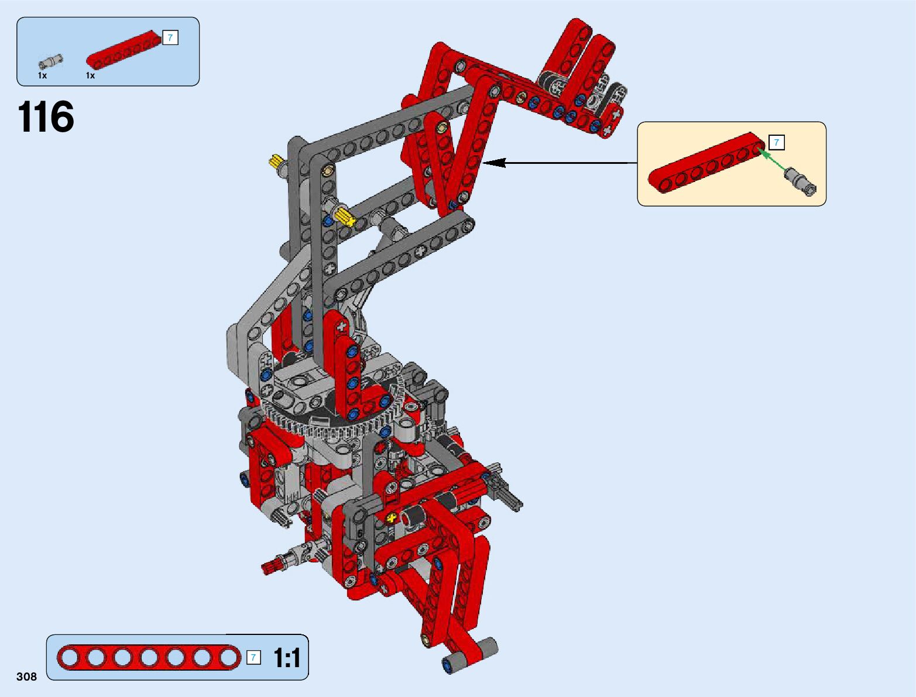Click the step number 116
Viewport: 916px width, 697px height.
click(x=46, y=117)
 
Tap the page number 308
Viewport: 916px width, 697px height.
click(x=27, y=677)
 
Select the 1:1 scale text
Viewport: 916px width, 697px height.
click(x=287, y=658)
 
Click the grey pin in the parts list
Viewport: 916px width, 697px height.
click(x=50, y=61)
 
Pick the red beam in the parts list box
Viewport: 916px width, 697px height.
click(x=124, y=50)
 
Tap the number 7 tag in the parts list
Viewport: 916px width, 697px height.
click(x=170, y=38)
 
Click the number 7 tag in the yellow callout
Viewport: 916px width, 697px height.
click(x=776, y=143)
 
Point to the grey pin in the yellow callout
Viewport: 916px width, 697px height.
click(x=800, y=181)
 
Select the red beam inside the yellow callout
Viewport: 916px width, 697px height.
click(x=706, y=163)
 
